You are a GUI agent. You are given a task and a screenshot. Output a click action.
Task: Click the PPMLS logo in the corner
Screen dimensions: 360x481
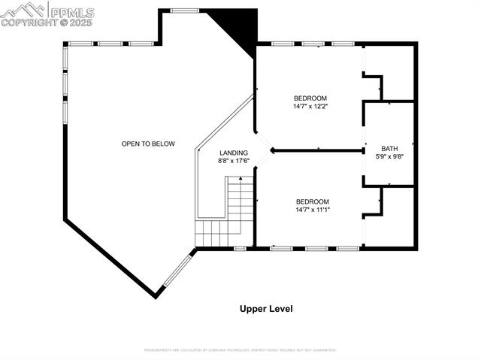tap(47, 13)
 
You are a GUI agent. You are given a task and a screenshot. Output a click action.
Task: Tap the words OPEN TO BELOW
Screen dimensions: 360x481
tap(148, 144)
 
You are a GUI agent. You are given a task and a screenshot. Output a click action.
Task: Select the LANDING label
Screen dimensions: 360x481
tap(234, 153)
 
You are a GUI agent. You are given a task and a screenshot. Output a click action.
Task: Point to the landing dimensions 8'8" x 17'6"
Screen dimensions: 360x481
tap(234, 161)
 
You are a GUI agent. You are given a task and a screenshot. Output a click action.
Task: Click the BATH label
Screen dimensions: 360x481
tap(389, 148)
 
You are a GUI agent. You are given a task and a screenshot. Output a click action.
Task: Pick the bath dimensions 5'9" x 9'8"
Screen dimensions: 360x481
tap(389, 156)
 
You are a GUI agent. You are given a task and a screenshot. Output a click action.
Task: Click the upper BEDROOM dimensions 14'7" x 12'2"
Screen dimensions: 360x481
tap(310, 107)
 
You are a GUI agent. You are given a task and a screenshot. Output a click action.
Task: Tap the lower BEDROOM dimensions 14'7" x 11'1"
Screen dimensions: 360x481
tap(312, 210)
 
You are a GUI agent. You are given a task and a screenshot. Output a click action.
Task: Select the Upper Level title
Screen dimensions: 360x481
tap(266, 309)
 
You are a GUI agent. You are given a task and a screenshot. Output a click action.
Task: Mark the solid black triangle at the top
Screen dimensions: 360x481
tap(239, 27)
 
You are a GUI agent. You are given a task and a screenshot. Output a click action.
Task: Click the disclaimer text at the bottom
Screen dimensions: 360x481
tap(240, 350)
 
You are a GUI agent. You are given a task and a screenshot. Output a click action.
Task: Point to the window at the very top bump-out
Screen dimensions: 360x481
tap(185, 11)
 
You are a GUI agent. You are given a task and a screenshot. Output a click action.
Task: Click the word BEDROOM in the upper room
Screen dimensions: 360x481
tap(310, 98)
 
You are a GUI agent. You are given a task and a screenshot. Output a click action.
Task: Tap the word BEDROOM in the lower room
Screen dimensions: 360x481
tap(312, 201)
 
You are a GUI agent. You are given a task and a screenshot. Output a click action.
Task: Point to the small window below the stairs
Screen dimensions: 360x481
tap(240, 248)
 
